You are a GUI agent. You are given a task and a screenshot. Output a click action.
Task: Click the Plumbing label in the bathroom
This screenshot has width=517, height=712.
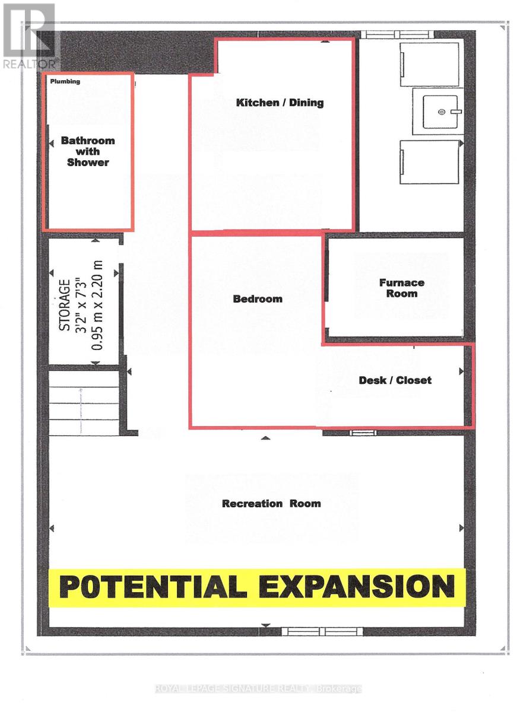pos(65,81)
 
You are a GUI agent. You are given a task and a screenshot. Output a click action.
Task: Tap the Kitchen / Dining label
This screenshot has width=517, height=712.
pos(280,103)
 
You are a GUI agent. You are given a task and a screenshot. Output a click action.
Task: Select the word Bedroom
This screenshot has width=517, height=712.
pos(258,299)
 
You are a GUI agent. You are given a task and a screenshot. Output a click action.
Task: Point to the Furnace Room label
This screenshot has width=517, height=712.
pos(402,288)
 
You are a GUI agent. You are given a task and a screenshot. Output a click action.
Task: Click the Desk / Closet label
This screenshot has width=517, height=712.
pos(395,380)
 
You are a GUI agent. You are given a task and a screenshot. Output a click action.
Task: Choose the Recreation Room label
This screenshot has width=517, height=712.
pos(271,504)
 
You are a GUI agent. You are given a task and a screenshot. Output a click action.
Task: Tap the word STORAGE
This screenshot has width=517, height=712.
pos(65,305)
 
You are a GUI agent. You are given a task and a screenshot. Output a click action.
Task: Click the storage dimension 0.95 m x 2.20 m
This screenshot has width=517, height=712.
pos(97,306)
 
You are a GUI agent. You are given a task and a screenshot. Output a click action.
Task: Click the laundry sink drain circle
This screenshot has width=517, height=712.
pos(441,112)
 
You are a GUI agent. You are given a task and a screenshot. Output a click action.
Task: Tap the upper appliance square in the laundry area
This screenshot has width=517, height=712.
pos(429,64)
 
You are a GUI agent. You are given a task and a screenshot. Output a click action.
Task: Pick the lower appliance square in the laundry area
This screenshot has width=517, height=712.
pos(429,162)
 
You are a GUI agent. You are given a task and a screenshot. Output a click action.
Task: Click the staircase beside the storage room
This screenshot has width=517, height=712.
pos(84,403)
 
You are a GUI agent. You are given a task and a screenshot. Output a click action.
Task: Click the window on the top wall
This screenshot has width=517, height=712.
pos(397,34)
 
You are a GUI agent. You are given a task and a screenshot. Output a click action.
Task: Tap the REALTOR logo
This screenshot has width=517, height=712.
pos(29,36)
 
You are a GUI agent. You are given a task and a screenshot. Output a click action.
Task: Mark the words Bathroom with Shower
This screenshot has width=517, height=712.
pos(88,151)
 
